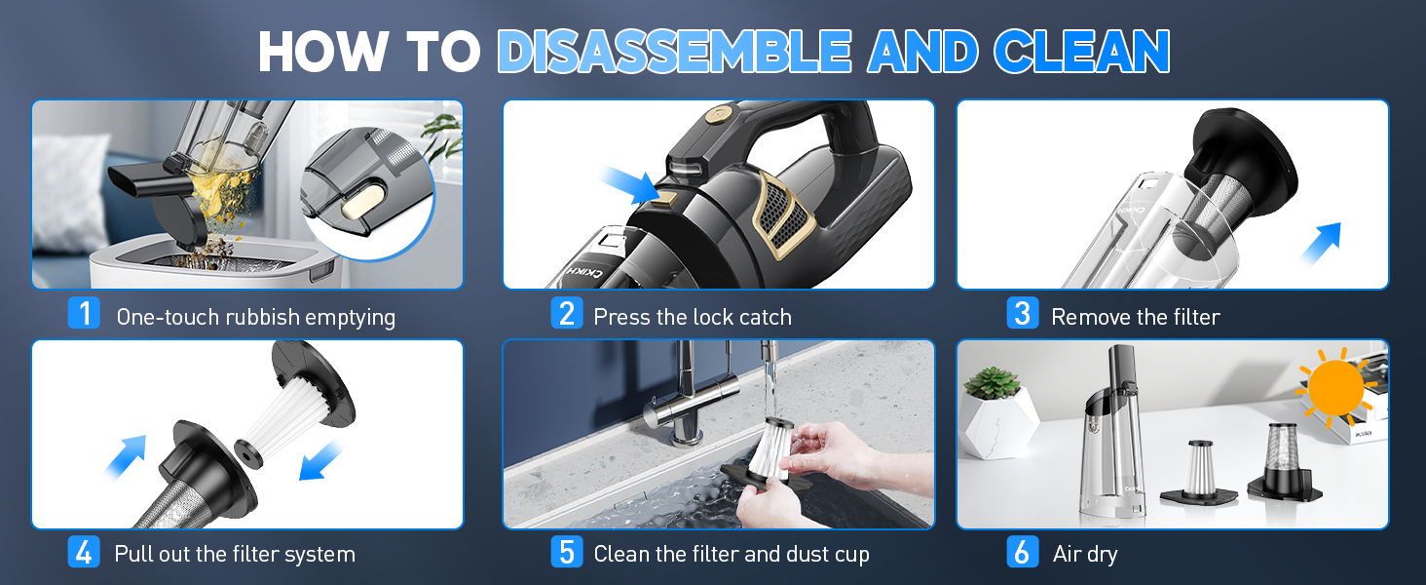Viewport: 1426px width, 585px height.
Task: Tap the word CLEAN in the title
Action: (x=1082, y=51)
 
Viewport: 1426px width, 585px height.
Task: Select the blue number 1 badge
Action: (x=84, y=313)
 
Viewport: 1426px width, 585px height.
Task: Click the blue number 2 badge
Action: (x=567, y=313)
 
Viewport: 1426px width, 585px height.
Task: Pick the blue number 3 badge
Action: (x=1023, y=313)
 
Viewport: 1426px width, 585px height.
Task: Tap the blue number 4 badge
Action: (x=84, y=552)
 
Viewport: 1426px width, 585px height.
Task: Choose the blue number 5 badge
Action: (x=567, y=552)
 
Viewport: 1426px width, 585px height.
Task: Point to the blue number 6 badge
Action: (x=1023, y=552)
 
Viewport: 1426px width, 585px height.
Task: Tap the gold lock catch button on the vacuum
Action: (x=668, y=198)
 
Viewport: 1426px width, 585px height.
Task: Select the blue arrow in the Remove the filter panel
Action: (x=1321, y=244)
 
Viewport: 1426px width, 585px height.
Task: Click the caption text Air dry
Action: (x=1085, y=553)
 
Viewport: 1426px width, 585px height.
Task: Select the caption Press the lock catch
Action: (x=693, y=317)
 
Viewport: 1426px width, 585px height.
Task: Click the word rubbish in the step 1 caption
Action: (x=262, y=317)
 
